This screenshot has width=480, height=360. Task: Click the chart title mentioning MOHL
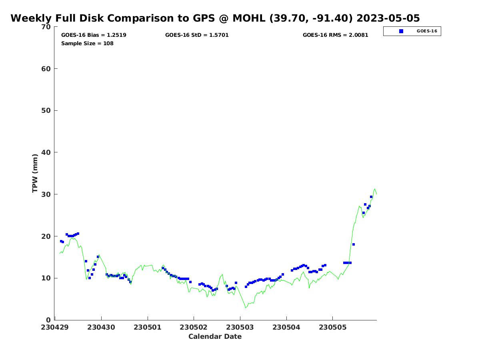[x=215, y=18]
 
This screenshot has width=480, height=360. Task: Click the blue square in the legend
[x=401, y=31]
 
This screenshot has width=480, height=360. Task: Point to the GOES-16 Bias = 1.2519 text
[x=94, y=35]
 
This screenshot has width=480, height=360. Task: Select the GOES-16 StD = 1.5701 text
[x=197, y=35]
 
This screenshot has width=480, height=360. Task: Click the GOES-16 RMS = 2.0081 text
[x=335, y=35]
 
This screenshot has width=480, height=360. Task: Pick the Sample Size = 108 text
[x=87, y=44]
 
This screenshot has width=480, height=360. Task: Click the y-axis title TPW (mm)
[x=35, y=173]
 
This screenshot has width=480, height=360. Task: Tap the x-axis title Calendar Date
[x=215, y=337]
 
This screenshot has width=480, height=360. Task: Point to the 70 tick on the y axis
[x=46, y=27]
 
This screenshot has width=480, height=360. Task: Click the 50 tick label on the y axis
[x=46, y=111]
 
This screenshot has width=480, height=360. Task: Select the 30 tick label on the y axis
[x=46, y=194]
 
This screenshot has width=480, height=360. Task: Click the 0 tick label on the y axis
[x=49, y=320]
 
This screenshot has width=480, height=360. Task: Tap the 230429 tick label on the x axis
[x=55, y=327]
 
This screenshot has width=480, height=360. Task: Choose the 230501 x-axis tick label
[x=148, y=327]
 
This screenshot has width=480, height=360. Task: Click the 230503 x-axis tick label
[x=240, y=327]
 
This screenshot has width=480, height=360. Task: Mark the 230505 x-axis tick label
[x=332, y=327]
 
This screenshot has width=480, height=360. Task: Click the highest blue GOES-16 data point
[x=371, y=197]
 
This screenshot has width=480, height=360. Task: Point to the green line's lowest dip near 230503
[x=246, y=308]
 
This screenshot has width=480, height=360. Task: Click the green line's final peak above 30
[x=375, y=189]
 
